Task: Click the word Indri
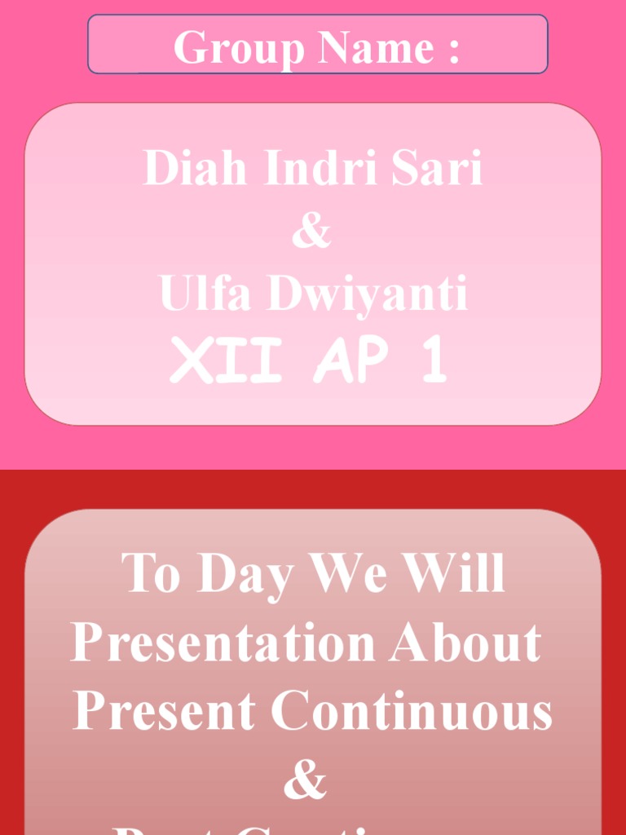[x=321, y=168]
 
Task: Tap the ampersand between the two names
[x=312, y=231]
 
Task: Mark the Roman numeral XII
[x=226, y=361]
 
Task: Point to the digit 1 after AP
[x=431, y=361]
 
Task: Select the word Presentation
[x=223, y=643]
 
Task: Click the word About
[x=465, y=642]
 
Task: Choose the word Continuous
[x=412, y=710]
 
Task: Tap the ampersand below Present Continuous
[x=305, y=780]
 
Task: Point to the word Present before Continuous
[x=164, y=710]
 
